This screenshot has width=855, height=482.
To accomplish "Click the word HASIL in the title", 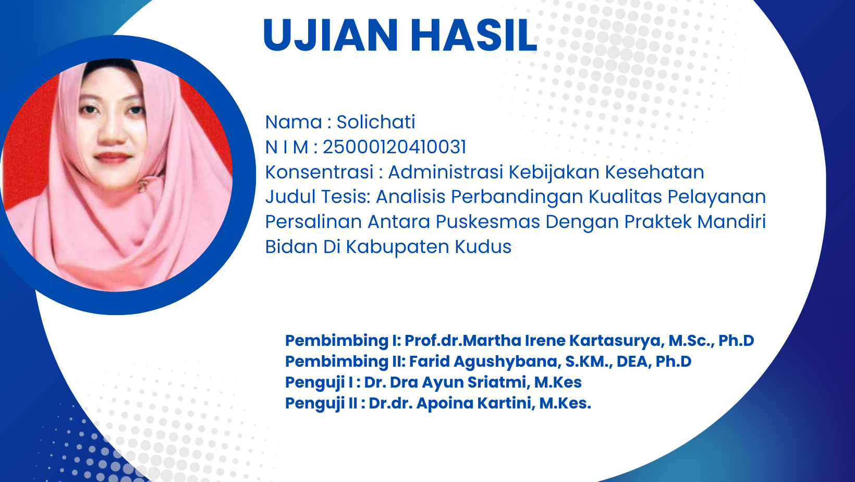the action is click(x=474, y=35).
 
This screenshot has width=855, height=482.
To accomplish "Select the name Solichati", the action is click(x=375, y=122).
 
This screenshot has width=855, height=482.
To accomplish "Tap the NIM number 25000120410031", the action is click(x=395, y=147).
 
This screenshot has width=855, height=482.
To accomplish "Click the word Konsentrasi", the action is click(x=319, y=172).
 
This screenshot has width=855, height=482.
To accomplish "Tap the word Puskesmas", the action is click(x=488, y=222).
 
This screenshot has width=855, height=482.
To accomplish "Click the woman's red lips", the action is click(x=112, y=158).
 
